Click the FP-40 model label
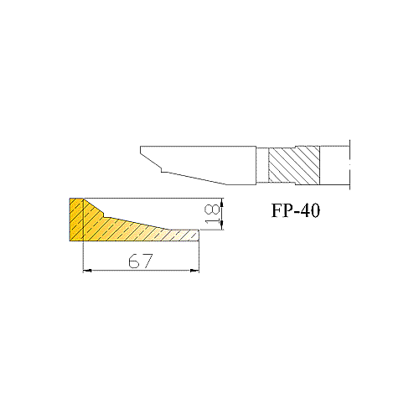click(296, 210)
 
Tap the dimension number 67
click(141, 261)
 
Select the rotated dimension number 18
click(212, 214)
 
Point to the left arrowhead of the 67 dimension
click(87, 271)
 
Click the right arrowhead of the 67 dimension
click(194, 271)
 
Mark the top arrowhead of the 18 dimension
click(222, 203)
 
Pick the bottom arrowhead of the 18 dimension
click(222, 225)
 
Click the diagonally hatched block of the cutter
click(294, 165)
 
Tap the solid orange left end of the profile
click(76, 220)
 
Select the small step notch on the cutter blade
click(161, 169)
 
